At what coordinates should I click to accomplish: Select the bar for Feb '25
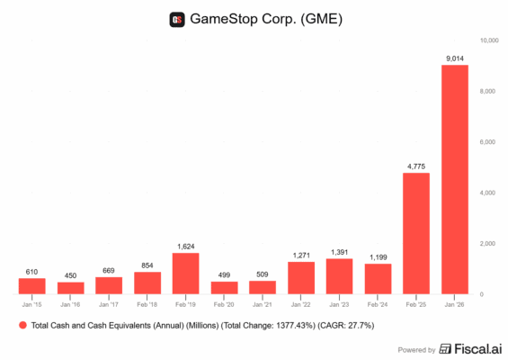415,233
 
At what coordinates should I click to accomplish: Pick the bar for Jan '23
339,276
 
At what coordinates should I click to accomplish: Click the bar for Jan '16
70,288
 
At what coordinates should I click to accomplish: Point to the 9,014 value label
454,59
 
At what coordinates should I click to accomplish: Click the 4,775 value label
415,166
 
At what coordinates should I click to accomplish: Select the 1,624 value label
186,246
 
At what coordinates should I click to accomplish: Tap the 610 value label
32,272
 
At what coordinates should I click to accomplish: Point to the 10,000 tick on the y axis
489,40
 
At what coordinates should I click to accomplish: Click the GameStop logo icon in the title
176,19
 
